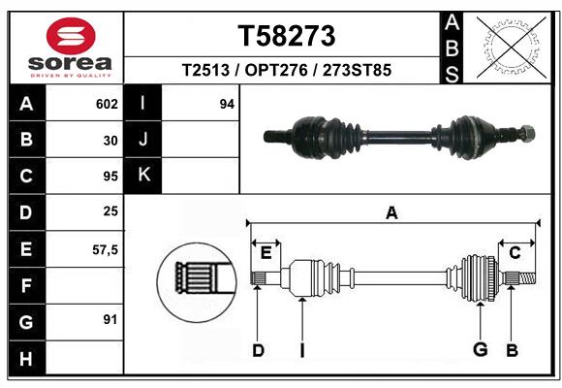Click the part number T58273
tap(286, 36)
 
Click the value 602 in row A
tap(106, 104)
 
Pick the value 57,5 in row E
tap(104, 249)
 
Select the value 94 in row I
tap(227, 104)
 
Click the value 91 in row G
tap(109, 319)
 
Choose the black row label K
tap(144, 175)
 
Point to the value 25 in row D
tap(109, 210)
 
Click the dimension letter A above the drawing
tap(391, 212)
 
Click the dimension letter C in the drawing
tap(515, 253)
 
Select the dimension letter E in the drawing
tap(265, 253)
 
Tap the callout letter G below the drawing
tap(479, 350)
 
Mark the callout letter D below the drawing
tap(258, 350)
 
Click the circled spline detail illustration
tap(197, 280)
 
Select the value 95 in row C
tap(109, 177)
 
